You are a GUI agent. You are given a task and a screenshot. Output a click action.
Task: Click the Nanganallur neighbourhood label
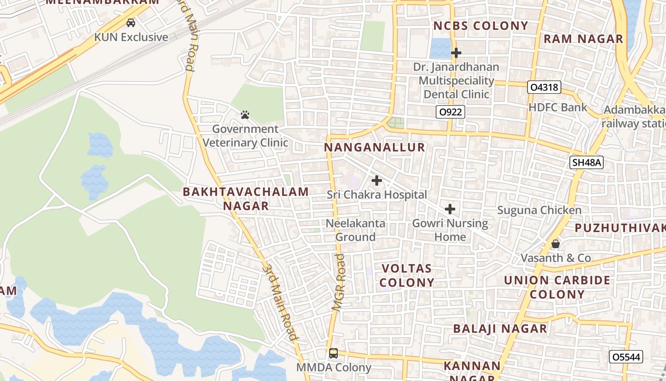(374, 147)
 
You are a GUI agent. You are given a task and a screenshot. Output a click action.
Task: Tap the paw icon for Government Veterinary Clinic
(245, 115)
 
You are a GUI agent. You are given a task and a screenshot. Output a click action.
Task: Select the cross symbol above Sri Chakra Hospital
(377, 180)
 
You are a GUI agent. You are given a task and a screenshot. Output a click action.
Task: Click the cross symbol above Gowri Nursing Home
(450, 209)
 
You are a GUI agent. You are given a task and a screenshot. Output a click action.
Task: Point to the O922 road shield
(450, 112)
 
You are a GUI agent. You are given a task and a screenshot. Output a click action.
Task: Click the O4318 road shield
(544, 87)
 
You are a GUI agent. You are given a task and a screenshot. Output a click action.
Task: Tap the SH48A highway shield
(587, 162)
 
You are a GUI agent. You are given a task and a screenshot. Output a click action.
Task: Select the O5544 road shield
(626, 357)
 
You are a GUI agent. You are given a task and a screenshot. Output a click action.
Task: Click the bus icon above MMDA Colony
(333, 353)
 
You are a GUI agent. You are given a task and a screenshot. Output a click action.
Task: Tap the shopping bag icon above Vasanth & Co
(555, 244)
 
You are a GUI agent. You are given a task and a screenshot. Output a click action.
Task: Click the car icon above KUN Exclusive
(131, 23)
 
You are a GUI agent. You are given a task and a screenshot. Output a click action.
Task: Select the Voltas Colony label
(407, 275)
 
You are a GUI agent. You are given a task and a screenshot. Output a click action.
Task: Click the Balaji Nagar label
(500, 329)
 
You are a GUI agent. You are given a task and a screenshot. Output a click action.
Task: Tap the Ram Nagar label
(583, 39)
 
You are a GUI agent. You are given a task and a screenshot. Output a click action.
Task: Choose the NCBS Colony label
(480, 26)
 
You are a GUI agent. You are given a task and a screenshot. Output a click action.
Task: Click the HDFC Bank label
(558, 108)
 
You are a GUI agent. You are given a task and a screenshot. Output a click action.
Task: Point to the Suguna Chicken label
(539, 210)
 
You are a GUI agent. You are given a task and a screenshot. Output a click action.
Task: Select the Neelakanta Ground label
(355, 230)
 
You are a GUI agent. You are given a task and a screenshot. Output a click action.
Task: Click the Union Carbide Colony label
(557, 287)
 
